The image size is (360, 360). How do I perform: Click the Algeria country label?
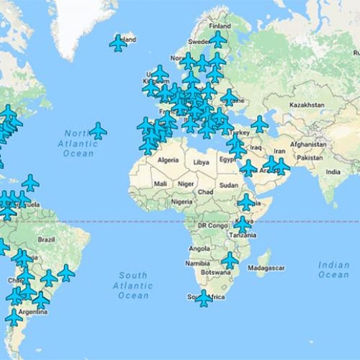click(168, 160)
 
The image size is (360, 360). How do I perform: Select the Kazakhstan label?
click(308, 105)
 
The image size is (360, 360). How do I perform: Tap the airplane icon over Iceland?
click(118, 43)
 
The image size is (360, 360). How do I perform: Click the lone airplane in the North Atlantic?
click(97, 131)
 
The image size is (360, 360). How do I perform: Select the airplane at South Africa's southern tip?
click(204, 298)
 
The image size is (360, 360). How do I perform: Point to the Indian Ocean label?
click(333, 270)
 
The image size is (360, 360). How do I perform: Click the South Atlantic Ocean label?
click(132, 286)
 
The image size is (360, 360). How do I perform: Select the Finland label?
click(220, 26)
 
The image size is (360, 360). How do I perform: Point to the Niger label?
click(186, 184)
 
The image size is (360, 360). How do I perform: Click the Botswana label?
click(215, 274)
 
